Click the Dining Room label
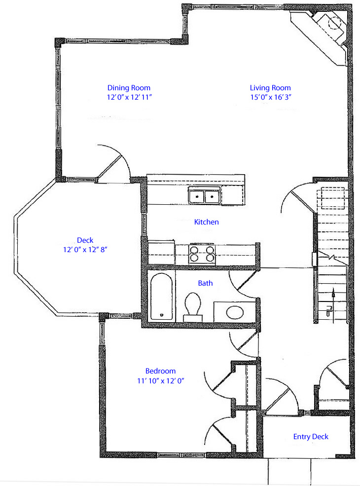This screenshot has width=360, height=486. (129, 88)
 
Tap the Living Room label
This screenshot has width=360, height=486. (270, 88)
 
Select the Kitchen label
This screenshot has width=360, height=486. (206, 222)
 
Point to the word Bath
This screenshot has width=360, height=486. (206, 283)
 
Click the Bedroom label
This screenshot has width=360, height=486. (160, 371)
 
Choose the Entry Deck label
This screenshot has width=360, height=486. (311, 437)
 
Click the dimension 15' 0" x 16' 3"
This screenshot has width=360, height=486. (271, 97)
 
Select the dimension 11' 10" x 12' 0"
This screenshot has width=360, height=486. (160, 381)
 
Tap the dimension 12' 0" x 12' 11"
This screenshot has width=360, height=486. (129, 97)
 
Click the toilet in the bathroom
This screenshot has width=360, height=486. (193, 306)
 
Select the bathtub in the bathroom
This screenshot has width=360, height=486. (161, 297)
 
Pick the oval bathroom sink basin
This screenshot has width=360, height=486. (235, 312)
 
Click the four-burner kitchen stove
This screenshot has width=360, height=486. (202, 254)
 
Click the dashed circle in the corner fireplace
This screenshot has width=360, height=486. (334, 22)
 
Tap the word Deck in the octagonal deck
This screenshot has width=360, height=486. (85, 240)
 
